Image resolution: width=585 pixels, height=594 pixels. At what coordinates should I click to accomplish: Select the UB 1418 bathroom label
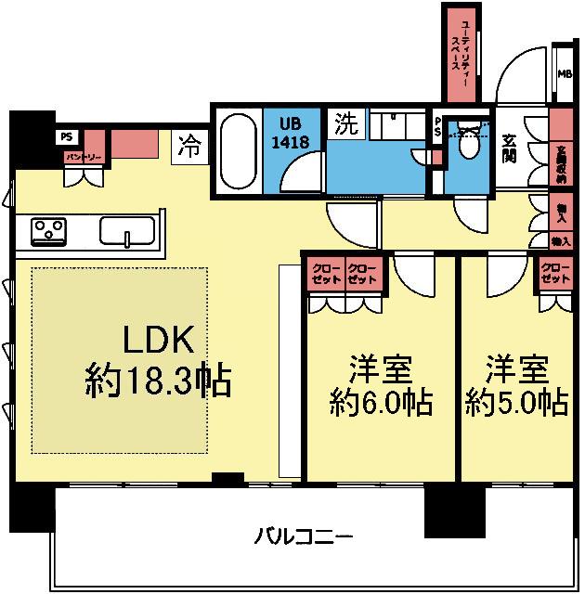(291, 133)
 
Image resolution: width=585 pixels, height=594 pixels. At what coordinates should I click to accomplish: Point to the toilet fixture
(468, 142)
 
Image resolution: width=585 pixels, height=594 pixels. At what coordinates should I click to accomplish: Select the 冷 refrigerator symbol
(189, 146)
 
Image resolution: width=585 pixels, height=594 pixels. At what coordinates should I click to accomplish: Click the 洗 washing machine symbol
(346, 123)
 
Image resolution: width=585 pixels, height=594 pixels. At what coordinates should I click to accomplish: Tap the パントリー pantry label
(84, 158)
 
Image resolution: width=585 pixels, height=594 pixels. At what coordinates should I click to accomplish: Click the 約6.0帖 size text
(381, 403)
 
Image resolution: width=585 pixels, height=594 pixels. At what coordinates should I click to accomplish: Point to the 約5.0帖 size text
(516, 403)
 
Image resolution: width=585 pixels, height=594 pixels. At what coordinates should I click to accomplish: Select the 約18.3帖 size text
(158, 381)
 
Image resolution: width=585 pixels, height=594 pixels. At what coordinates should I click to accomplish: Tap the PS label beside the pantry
(66, 136)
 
